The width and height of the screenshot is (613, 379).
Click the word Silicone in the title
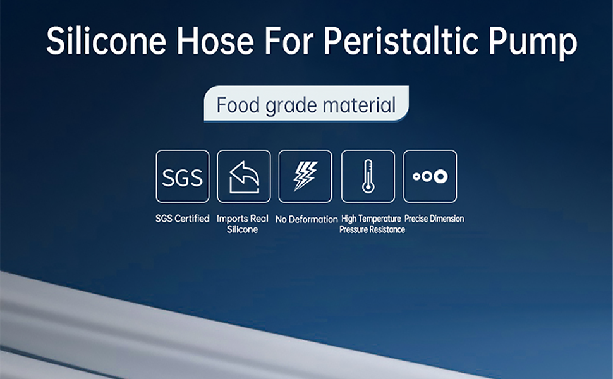[106, 40]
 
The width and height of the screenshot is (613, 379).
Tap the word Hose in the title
[215, 40]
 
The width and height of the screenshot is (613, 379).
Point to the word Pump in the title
[533, 43]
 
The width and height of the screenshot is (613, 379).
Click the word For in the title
[289, 40]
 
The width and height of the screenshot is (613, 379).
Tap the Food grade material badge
[306, 104]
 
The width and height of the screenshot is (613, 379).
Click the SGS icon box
[183, 176]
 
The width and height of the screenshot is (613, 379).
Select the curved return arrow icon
[244, 177]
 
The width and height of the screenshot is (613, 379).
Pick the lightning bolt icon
[305, 176]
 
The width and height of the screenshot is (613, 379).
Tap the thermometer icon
[368, 176]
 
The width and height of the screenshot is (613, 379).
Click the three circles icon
[430, 176]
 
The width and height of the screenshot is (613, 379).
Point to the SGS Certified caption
[183, 219]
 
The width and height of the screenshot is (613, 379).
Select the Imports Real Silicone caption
[243, 224]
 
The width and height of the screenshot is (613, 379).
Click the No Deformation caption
[306, 219]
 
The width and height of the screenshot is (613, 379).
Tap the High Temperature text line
[371, 219]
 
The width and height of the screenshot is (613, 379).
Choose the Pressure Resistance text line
[372, 229]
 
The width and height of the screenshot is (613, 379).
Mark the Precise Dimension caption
[434, 219]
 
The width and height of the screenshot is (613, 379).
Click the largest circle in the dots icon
[441, 176]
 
